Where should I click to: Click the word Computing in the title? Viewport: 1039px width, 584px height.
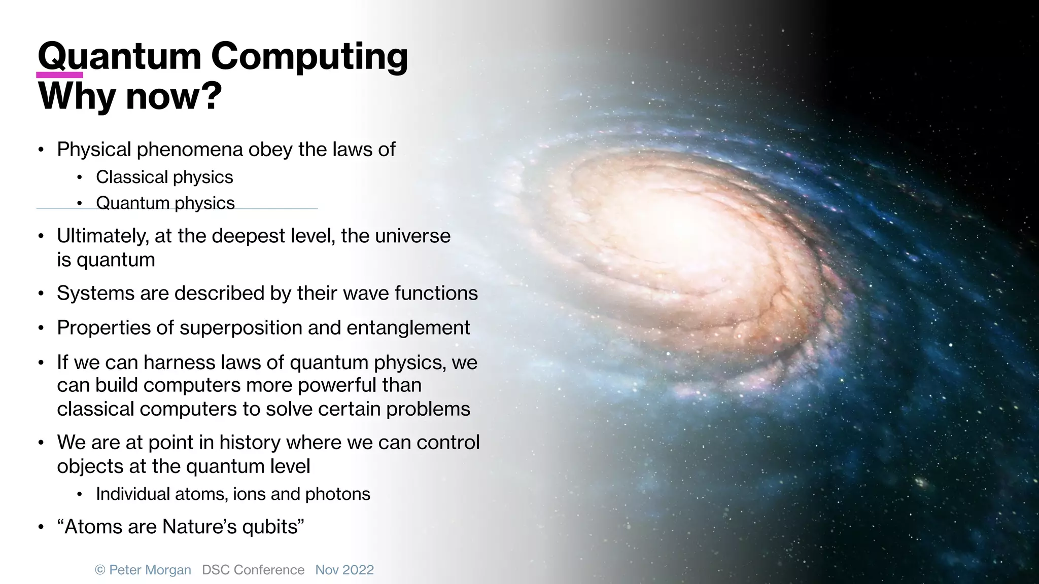tap(309, 57)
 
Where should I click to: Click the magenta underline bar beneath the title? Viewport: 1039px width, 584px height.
tap(59, 75)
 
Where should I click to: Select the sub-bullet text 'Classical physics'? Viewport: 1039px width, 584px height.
tap(164, 177)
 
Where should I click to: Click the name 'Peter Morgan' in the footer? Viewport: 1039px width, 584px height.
tap(150, 570)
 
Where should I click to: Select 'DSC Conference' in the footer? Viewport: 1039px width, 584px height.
tap(253, 570)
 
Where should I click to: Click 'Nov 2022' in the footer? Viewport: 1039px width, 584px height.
tap(344, 570)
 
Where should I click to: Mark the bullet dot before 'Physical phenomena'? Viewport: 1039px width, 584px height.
tap(42, 150)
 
